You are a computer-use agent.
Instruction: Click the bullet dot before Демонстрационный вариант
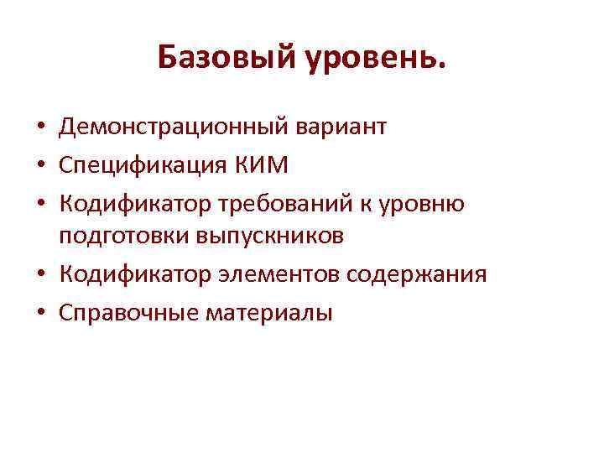pos(40,129)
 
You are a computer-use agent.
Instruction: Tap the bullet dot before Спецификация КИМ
pos(40,166)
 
